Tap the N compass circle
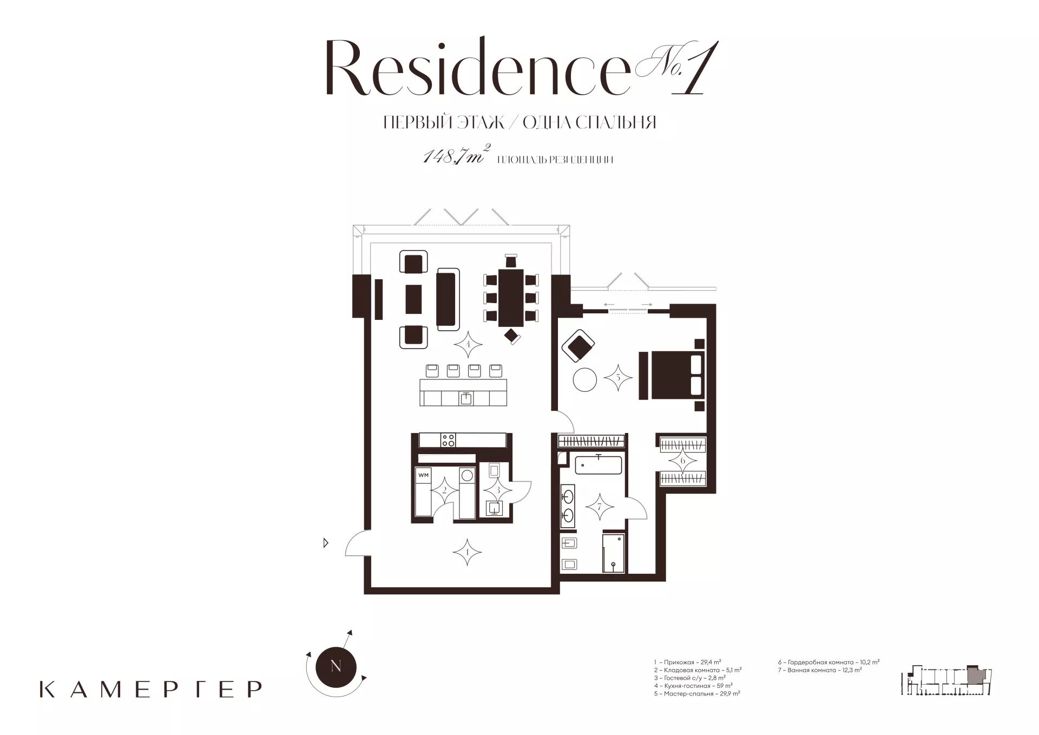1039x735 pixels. click(x=336, y=666)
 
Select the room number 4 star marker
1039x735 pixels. click(x=468, y=344)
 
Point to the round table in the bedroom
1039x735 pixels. click(x=585, y=379)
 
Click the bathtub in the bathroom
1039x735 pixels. click(x=599, y=465)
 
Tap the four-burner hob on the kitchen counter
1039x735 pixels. click(x=448, y=440)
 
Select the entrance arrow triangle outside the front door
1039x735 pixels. click(x=326, y=542)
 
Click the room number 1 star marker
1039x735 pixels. click(x=467, y=552)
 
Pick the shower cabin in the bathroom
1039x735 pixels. click(x=614, y=553)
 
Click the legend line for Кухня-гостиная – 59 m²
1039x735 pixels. click(x=693, y=685)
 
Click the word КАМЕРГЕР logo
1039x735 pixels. click(x=151, y=689)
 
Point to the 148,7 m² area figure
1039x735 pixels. click(x=457, y=156)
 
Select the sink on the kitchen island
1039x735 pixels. click(x=466, y=398)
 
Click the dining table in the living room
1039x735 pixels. click(x=511, y=298)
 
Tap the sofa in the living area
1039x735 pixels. click(x=448, y=299)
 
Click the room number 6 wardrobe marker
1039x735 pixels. click(x=683, y=461)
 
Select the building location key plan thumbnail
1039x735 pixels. click(x=947, y=680)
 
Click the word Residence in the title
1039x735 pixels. click(x=477, y=69)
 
